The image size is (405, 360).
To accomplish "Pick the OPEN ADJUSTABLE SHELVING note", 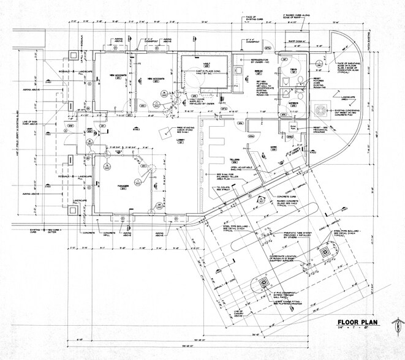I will [241, 167].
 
